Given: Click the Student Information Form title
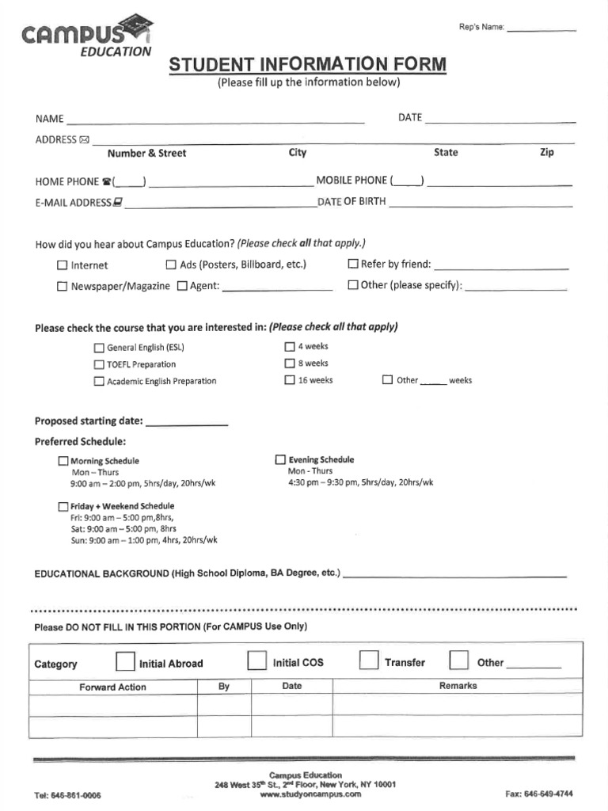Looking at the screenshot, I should pyautogui.click(x=307, y=64).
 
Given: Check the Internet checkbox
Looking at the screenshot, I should pyautogui.click(x=63, y=266).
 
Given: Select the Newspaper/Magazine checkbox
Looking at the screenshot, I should pyautogui.click(x=63, y=287).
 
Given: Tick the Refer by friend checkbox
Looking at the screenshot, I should pyautogui.click(x=353, y=265).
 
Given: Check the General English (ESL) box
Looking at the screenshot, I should pyautogui.click(x=99, y=348).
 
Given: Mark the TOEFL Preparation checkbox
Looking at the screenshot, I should pyautogui.click(x=99, y=365).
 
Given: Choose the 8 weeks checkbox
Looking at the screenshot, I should pyautogui.click(x=290, y=364).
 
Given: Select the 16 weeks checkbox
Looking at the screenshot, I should pyautogui.click(x=290, y=380).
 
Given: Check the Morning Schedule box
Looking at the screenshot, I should pyautogui.click(x=63, y=461).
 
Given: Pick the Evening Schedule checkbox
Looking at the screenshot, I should pyautogui.click(x=280, y=459).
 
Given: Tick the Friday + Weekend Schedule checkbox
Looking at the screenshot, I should pyautogui.click(x=63, y=506).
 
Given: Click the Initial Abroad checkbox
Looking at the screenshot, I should pyautogui.click(x=125, y=661).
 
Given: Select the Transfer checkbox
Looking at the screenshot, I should pyautogui.click(x=369, y=661).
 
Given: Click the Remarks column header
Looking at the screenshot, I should pyautogui.click(x=458, y=686).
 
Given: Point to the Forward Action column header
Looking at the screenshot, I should pyautogui.click(x=112, y=687).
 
